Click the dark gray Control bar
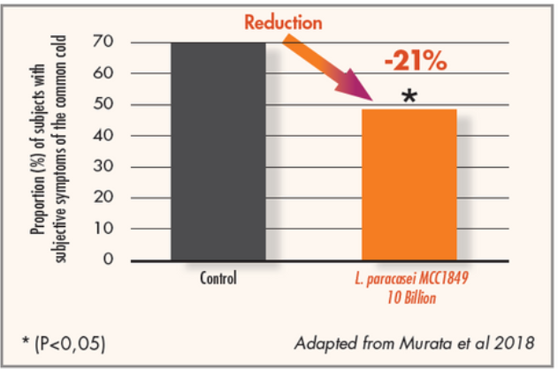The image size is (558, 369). tap(218, 151)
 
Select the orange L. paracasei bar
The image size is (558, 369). tap(409, 184)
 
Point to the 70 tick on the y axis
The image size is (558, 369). tap(106, 42)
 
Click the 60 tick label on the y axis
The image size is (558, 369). tap(106, 73)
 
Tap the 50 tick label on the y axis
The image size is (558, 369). tap(106, 105)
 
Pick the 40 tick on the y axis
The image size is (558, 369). tap(106, 136)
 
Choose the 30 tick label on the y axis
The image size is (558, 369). tap(106, 167)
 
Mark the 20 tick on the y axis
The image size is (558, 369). tap(106, 198)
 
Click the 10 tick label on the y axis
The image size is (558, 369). tap(106, 229)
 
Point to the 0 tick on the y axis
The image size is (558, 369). tap(111, 260)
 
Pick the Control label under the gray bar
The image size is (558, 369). tap(218, 279)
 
